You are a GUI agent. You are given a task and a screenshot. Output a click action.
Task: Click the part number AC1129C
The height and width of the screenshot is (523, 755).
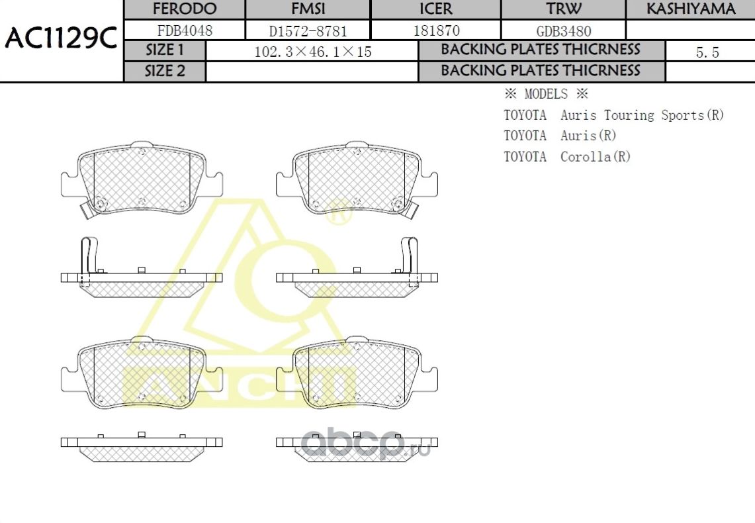point(61,39)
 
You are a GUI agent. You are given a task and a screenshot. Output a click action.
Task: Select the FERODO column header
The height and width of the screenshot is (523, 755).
point(185,9)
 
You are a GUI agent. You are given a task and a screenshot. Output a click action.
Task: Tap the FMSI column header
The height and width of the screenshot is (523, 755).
point(308,9)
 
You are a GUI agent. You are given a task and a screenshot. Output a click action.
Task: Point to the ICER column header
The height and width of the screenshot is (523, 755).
point(436,9)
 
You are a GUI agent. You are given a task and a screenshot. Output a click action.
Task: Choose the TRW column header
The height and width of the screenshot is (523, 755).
point(564,9)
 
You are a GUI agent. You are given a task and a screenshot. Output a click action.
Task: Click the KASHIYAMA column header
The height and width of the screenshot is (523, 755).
point(690,9)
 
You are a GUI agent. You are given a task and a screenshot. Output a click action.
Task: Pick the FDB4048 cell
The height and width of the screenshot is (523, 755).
point(185,30)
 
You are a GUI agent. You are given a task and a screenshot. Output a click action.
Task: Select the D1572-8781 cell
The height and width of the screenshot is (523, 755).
point(308,30)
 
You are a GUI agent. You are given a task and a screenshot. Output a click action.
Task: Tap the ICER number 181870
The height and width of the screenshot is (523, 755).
point(436,30)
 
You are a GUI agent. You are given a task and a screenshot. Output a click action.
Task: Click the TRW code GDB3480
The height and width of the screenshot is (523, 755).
point(564,30)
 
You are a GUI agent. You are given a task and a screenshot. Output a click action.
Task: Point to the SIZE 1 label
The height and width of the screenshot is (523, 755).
point(165,50)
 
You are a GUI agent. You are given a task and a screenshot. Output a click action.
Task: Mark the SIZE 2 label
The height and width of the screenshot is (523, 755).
point(165,71)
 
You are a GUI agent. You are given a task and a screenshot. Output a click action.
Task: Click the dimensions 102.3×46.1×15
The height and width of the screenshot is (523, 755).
point(312,52)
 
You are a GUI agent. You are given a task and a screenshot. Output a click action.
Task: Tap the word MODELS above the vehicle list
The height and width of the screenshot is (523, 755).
point(546,94)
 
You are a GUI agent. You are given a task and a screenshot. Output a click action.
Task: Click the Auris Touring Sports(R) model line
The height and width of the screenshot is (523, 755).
point(642,115)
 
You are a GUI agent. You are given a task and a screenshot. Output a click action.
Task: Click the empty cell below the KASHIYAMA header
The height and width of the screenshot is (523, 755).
point(690,30)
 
